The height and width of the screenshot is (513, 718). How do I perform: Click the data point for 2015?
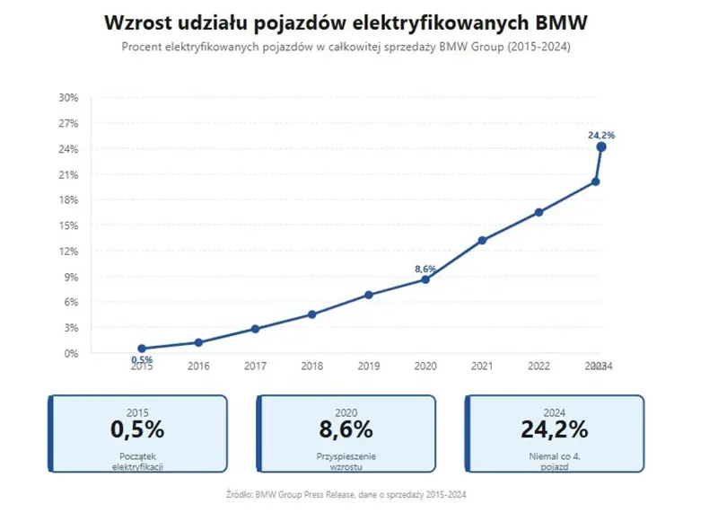(142, 349)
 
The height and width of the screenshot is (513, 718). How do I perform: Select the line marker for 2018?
(311, 314)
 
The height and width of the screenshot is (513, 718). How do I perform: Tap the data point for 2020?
(425, 279)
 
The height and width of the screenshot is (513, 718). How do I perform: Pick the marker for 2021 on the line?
(482, 241)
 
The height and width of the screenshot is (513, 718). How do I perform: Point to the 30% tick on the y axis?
(68, 97)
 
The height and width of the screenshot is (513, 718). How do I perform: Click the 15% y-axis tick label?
(68, 226)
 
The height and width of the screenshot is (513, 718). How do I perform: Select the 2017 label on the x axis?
(255, 367)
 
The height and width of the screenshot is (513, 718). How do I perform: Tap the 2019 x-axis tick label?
(368, 367)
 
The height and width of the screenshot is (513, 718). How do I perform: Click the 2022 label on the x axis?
(538, 367)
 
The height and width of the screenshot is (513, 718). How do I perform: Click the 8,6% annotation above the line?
(425, 268)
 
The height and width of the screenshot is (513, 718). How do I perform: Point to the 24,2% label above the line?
(601, 135)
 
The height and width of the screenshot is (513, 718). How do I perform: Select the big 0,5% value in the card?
(137, 429)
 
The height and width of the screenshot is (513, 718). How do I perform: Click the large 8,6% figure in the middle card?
(346, 429)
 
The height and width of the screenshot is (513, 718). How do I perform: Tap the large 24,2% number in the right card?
(554, 429)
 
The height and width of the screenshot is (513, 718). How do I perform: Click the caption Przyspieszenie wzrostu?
(346, 462)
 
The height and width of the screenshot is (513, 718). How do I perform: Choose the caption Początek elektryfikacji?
(137, 462)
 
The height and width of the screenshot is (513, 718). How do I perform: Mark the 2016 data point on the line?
(198, 342)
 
